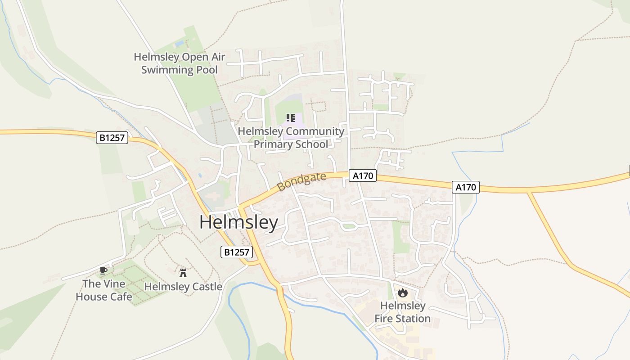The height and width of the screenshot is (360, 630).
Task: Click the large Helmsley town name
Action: pyautogui.click(x=238, y=223)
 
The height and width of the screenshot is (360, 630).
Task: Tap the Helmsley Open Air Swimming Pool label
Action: pyautogui.click(x=180, y=63)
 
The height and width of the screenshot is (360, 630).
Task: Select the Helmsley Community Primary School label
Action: pyautogui.click(x=291, y=138)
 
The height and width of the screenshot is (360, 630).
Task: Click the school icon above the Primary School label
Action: pyautogui.click(x=291, y=118)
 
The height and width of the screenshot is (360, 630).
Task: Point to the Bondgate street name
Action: pyautogui.click(x=301, y=182)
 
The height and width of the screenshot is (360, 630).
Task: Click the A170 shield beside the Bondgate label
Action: pyautogui.click(x=362, y=176)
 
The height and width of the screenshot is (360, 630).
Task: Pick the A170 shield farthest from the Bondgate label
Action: pyautogui.click(x=465, y=187)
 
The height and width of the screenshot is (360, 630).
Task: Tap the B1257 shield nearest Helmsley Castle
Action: pyautogui.click(x=237, y=252)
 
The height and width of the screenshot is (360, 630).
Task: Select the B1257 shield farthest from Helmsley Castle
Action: pyautogui.click(x=112, y=138)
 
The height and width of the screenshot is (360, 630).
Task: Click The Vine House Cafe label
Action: pyautogui.click(x=104, y=290)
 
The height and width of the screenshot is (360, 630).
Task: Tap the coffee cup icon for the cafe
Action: pyautogui.click(x=103, y=270)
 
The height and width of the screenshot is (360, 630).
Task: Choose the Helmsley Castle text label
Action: pyautogui.click(x=183, y=287)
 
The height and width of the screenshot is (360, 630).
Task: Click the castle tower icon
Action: pyautogui.click(x=183, y=272)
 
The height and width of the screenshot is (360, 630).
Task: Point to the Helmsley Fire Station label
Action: pyautogui.click(x=402, y=312)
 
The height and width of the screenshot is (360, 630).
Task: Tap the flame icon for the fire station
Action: pyautogui.click(x=402, y=293)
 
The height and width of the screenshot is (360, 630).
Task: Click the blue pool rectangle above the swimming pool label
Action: pyautogui.click(x=179, y=44)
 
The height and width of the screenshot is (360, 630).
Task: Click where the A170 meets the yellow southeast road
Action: pyautogui.click(x=530, y=192)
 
